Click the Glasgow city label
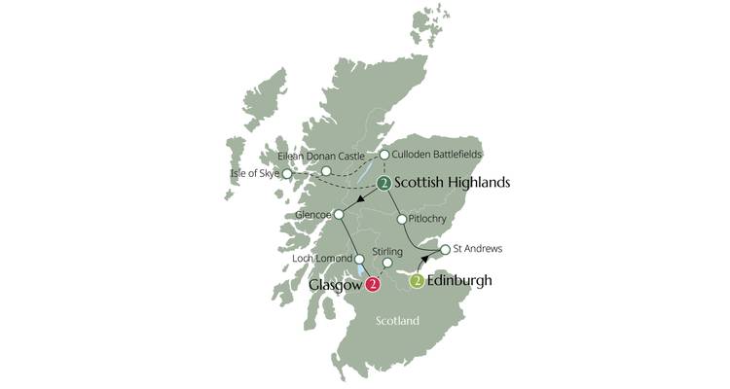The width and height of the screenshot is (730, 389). [x=335, y=286]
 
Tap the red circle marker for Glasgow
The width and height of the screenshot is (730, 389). [x=373, y=286]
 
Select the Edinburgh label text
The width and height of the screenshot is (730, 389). [x=459, y=281]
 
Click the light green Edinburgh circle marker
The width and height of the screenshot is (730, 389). [x=417, y=282]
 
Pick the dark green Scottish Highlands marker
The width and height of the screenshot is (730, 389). [x=386, y=182]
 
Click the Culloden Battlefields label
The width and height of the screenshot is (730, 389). [x=438, y=154]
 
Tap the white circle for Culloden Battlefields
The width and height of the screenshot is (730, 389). [x=384, y=154]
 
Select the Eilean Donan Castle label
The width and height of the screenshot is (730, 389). [x=321, y=156]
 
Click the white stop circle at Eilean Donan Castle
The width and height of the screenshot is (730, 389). [x=327, y=171]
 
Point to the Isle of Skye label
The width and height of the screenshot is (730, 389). [x=254, y=174]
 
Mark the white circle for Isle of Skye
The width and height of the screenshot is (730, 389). [x=286, y=174]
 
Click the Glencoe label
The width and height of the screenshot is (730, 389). [x=311, y=215]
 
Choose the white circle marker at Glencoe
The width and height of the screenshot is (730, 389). [x=339, y=215]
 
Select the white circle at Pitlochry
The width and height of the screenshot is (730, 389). [x=401, y=220]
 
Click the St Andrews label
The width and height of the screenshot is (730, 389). [x=478, y=249]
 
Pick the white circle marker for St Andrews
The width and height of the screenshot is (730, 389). [x=445, y=250]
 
